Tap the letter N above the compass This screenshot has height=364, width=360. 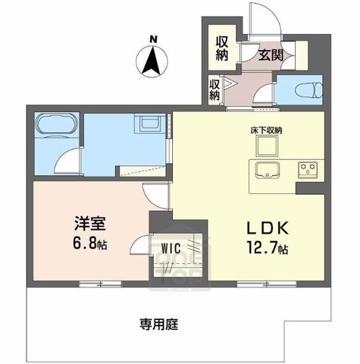[152, 39]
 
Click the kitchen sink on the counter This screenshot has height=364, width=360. [268, 168]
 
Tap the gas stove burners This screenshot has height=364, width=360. [308, 168]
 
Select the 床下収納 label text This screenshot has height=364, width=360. [266, 130]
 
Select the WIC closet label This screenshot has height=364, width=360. [168, 249]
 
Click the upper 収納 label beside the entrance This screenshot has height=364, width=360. [222, 47]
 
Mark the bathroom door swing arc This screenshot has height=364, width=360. [68, 161]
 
